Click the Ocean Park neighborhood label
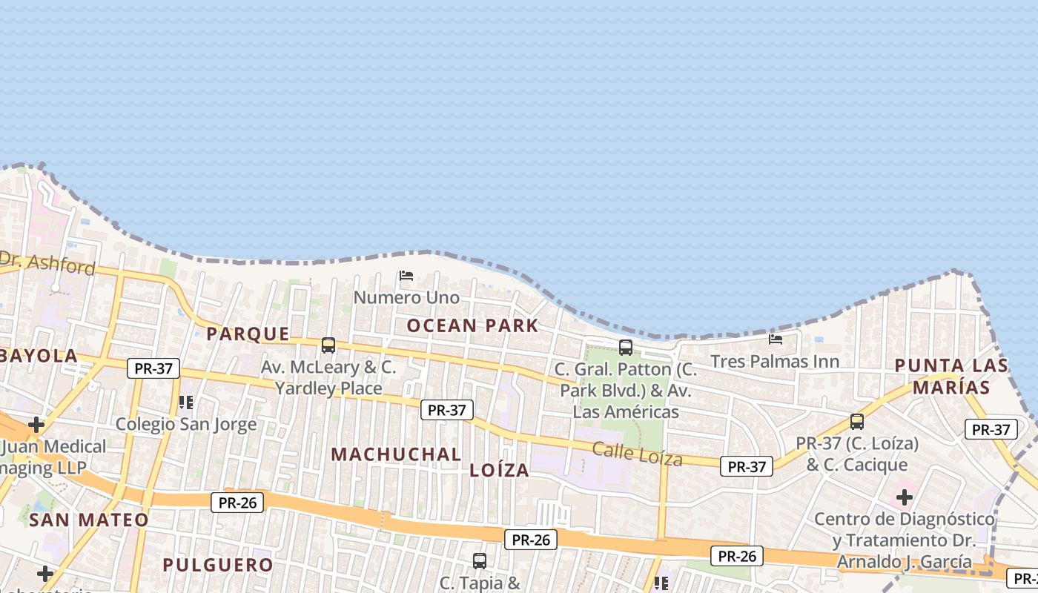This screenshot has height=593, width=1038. [x=472, y=325]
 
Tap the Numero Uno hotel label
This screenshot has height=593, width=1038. [x=406, y=297]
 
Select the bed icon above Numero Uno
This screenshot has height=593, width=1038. [x=406, y=276]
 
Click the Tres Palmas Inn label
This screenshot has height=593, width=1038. [x=775, y=361]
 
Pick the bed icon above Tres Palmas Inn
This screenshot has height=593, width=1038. [x=776, y=339]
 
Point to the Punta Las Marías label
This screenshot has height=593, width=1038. [x=951, y=376]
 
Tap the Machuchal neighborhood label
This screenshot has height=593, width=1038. [x=396, y=454]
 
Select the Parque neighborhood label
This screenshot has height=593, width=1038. [x=248, y=334]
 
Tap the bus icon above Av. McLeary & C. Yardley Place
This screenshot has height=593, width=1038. [x=328, y=345]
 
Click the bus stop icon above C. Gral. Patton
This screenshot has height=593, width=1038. [x=626, y=347]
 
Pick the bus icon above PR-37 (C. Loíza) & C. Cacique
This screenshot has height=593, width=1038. [x=857, y=422]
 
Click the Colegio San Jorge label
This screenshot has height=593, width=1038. [x=186, y=424]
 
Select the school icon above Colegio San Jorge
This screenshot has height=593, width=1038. [x=186, y=402]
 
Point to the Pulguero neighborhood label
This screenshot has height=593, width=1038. [x=218, y=565]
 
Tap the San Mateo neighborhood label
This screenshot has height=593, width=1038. [x=89, y=520]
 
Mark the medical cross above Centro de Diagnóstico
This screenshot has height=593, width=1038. [x=905, y=497]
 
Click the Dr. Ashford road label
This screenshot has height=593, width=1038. [x=47, y=262]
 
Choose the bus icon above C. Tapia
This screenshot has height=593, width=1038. [x=480, y=561]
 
